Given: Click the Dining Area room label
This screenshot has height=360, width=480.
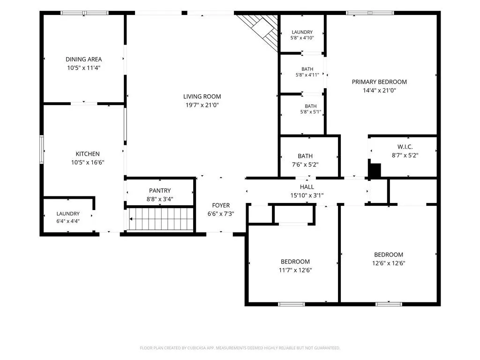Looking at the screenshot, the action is click(83, 60).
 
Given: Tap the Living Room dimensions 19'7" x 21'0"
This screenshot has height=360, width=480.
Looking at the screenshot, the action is click(202, 105).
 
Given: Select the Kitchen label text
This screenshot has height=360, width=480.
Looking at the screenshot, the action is click(88, 154).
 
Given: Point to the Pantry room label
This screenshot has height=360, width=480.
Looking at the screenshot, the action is click(160, 191).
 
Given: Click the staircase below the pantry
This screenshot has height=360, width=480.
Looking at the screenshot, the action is click(161, 219).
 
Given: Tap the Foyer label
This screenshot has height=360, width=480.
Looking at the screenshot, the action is click(221, 205).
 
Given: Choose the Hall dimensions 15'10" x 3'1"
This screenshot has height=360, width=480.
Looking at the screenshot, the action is click(307, 195).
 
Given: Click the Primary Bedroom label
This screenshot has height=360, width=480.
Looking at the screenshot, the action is click(379, 82).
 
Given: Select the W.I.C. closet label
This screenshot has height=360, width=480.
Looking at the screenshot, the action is click(405, 147).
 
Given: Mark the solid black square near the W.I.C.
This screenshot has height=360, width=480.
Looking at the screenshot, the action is click(375, 171).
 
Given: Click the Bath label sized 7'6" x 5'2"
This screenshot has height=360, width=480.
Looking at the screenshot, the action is click(305, 156).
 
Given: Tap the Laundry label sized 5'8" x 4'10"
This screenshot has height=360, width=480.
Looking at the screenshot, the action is click(302, 32).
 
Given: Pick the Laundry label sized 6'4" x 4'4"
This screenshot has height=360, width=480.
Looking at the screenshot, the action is click(68, 214).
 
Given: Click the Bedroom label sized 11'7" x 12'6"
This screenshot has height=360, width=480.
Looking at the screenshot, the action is click(295, 262).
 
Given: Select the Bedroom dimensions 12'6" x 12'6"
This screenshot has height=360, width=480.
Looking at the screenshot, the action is click(389, 263).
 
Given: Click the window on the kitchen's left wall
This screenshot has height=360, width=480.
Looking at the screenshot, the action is click(42, 150).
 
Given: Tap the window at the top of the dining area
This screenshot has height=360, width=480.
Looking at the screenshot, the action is click(84, 13).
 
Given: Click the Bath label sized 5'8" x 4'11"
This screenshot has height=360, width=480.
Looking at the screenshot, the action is click(307, 69).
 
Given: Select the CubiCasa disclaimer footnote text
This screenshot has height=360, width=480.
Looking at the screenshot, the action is click(240, 348).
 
